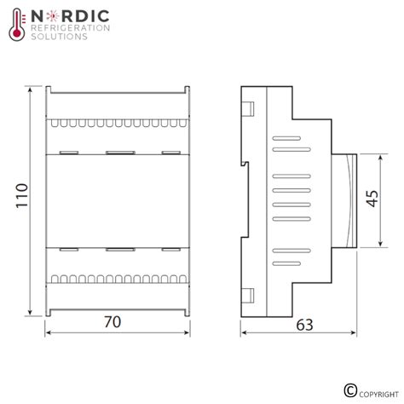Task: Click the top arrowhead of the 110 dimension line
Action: coord(32,89)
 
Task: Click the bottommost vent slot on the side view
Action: coord(287,263)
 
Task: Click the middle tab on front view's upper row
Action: coord(116,153)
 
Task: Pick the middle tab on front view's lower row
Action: coord(116,249)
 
